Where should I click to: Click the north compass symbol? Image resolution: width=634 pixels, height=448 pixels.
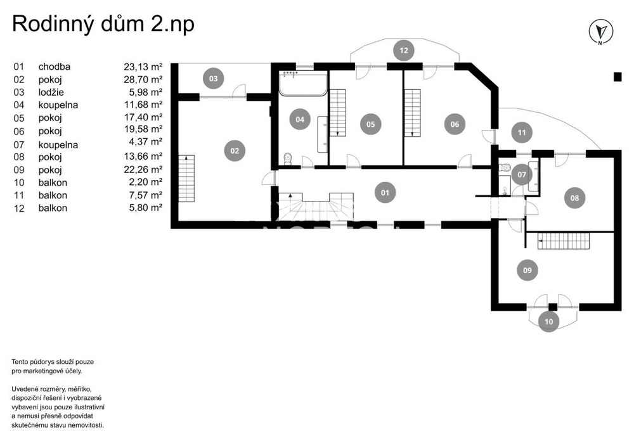600,32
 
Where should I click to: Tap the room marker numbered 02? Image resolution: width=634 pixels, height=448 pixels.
235,151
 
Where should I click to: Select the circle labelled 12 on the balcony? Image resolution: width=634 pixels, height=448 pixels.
403,51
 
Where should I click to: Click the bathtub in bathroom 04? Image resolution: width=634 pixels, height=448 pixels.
303,84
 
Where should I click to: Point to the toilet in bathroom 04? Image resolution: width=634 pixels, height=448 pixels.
288,159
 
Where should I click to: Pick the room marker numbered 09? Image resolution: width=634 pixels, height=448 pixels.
527,270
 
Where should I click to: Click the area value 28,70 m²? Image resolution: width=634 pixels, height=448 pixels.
143,79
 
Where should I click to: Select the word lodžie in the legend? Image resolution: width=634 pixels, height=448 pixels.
51,92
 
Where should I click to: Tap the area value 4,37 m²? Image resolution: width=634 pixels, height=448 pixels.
146,142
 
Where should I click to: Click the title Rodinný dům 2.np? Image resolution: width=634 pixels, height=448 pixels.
103,23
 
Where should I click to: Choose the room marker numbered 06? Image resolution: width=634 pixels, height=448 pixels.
455,124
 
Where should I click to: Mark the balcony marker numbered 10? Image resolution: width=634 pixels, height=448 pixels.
548,321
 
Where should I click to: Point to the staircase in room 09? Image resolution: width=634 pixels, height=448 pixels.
564,241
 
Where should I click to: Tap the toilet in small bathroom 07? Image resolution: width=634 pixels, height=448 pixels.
505,167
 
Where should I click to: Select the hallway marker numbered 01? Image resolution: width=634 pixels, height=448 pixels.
385,192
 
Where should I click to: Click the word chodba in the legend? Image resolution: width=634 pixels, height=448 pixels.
54,67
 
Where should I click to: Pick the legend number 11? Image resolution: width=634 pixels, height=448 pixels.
19,196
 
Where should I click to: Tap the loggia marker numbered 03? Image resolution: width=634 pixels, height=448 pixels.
213,79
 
